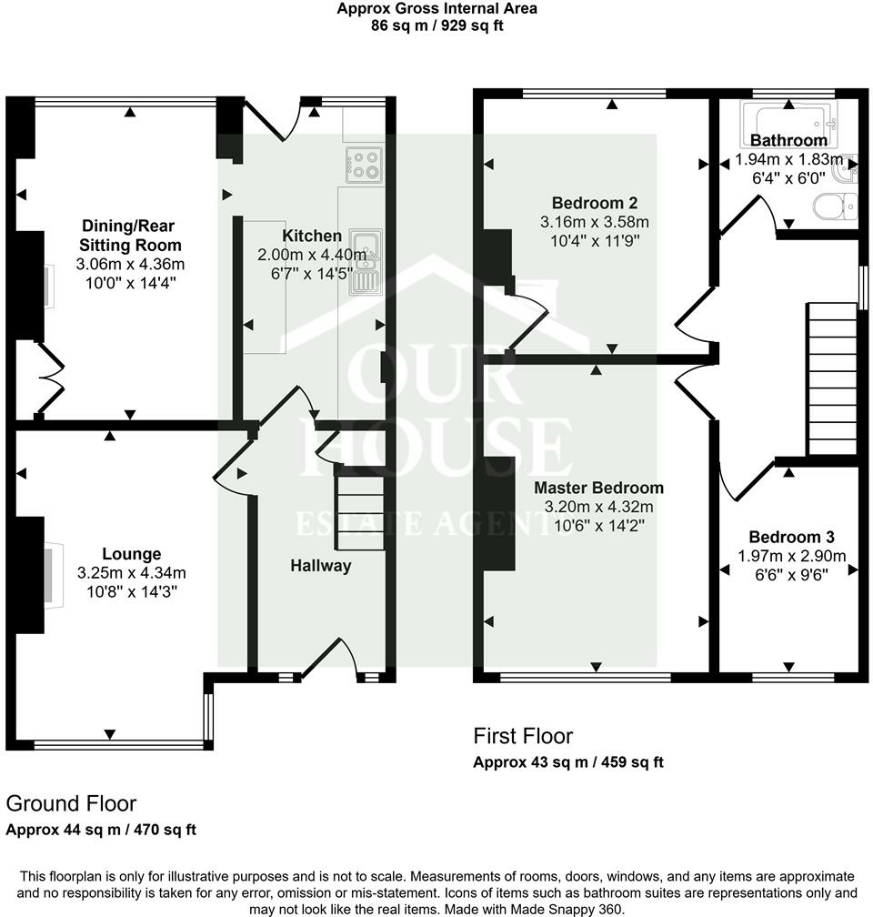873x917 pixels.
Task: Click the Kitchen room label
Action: [x=312, y=236]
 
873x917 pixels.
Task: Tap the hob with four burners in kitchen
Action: [x=366, y=164]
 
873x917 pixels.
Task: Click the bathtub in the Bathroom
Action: [x=788, y=119]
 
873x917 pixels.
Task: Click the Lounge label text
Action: [x=131, y=553]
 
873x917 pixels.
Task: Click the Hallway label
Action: [x=320, y=566]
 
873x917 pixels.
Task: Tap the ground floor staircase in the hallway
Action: [x=356, y=509]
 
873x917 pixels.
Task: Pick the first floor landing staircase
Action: [x=832, y=380]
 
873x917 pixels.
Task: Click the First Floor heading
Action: [x=523, y=735]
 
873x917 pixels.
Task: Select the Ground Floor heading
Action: [x=71, y=803]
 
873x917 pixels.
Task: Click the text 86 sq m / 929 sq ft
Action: [x=436, y=25]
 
